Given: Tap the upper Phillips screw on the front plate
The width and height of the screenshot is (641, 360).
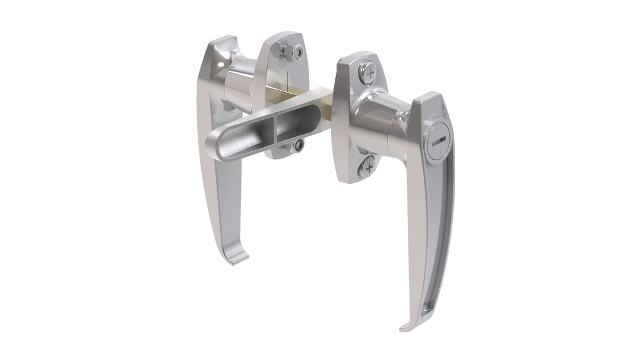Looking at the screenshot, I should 368,74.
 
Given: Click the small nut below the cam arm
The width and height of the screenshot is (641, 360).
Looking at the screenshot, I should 298,145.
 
